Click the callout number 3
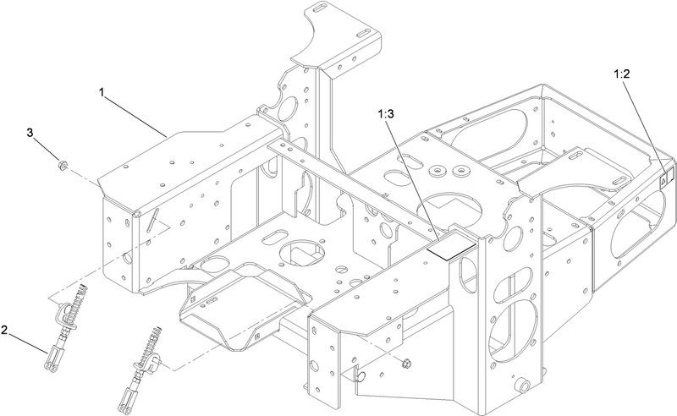coord(30,133)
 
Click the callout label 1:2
coord(622,74)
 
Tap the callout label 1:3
coord(386,114)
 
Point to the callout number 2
coord(4,330)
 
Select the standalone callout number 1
coord(102,92)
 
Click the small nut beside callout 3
coord(62,165)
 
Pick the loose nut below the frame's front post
coord(405,364)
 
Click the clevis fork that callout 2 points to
coord(50,359)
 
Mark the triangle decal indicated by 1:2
coord(662,183)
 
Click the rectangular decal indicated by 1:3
coord(451,249)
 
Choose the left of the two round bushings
coord(438,172)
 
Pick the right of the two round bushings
coord(460,171)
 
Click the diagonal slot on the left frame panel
coord(152,220)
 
